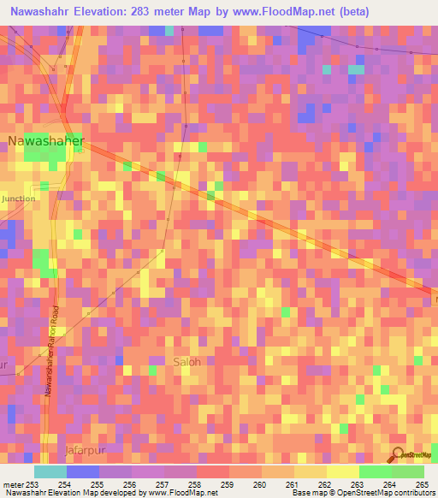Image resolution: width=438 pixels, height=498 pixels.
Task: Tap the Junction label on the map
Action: click(19, 199)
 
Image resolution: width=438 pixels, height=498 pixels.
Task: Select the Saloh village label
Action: click(187, 361)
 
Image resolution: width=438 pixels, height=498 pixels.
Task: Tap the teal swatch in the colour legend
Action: click(50, 471)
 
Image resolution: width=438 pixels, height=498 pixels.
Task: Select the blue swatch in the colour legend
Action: click(83, 471)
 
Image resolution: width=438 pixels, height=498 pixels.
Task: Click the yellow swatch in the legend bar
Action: click(343, 471)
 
